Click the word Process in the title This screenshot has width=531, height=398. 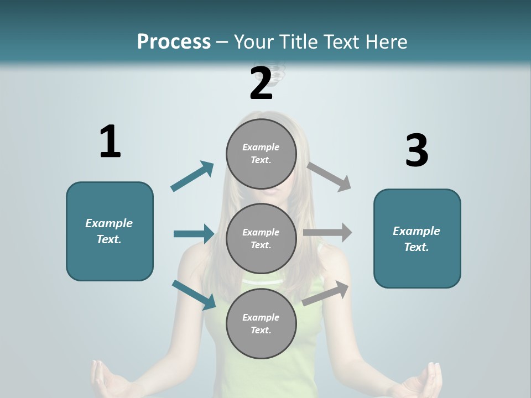click(174, 41)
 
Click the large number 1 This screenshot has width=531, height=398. click(110, 142)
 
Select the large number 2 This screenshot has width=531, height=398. click(261, 83)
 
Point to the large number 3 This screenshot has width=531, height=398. click(417, 150)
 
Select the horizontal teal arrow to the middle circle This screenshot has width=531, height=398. click(194, 234)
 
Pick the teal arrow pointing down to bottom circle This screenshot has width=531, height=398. click(194, 295)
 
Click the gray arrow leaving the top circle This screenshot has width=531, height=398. click(330, 177)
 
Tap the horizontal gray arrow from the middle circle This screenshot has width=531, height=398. click(327, 232)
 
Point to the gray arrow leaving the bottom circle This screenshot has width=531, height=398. click(326, 293)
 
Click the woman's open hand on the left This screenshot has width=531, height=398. click(108, 379)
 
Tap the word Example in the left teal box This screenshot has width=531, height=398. click(109, 223)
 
